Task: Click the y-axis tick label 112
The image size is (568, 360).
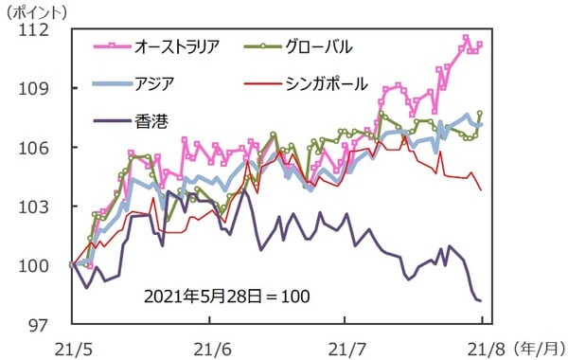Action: point(44,29)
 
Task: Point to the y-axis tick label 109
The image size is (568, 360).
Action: point(44,88)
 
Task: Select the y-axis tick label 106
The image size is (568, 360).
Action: point(44,147)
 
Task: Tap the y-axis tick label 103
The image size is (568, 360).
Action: point(44,207)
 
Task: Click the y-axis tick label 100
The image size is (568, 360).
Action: point(44,265)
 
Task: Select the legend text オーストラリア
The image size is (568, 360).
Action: point(178,45)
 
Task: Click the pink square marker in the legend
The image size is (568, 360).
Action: point(112,45)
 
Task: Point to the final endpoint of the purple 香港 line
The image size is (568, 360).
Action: point(480,300)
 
